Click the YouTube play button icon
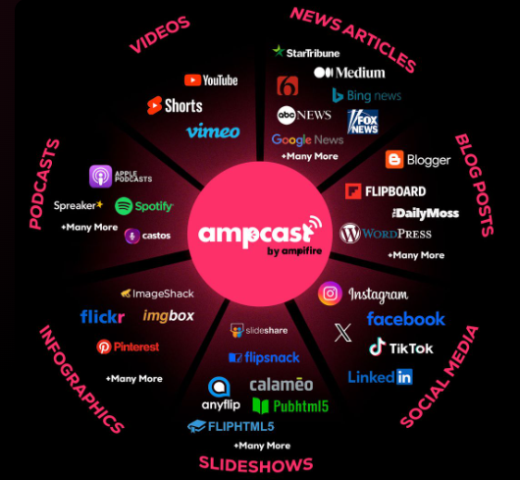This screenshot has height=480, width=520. pyautogui.click(x=192, y=80)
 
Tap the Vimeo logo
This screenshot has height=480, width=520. pyautogui.click(x=213, y=131)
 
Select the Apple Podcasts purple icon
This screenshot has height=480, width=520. pyautogui.click(x=100, y=176)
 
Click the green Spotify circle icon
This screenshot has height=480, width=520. pyautogui.click(x=124, y=206)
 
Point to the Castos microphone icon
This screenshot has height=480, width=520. pyautogui.click(x=132, y=236)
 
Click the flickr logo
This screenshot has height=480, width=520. pyautogui.click(x=102, y=317)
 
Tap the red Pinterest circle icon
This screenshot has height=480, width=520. pyautogui.click(x=104, y=347)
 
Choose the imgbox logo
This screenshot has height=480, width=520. pyautogui.click(x=169, y=316)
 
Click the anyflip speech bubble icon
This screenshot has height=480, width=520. pyautogui.click(x=219, y=387)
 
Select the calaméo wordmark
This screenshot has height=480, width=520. pyautogui.click(x=282, y=385)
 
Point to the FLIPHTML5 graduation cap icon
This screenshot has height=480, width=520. pyautogui.click(x=196, y=426)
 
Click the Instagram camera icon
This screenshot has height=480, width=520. pyautogui.click(x=330, y=293)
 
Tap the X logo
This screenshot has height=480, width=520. pyautogui.click(x=343, y=333)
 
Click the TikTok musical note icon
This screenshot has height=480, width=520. pyautogui.click(x=378, y=347)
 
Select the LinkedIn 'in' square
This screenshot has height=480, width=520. pyautogui.click(x=404, y=377)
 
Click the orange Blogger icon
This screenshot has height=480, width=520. pyautogui.click(x=394, y=159)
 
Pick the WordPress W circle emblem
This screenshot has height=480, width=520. pyautogui.click(x=350, y=234)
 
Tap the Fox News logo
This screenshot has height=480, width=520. pyautogui.click(x=363, y=122)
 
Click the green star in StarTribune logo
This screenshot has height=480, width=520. pyautogui.click(x=279, y=51)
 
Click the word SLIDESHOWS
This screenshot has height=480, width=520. pyautogui.click(x=256, y=464)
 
